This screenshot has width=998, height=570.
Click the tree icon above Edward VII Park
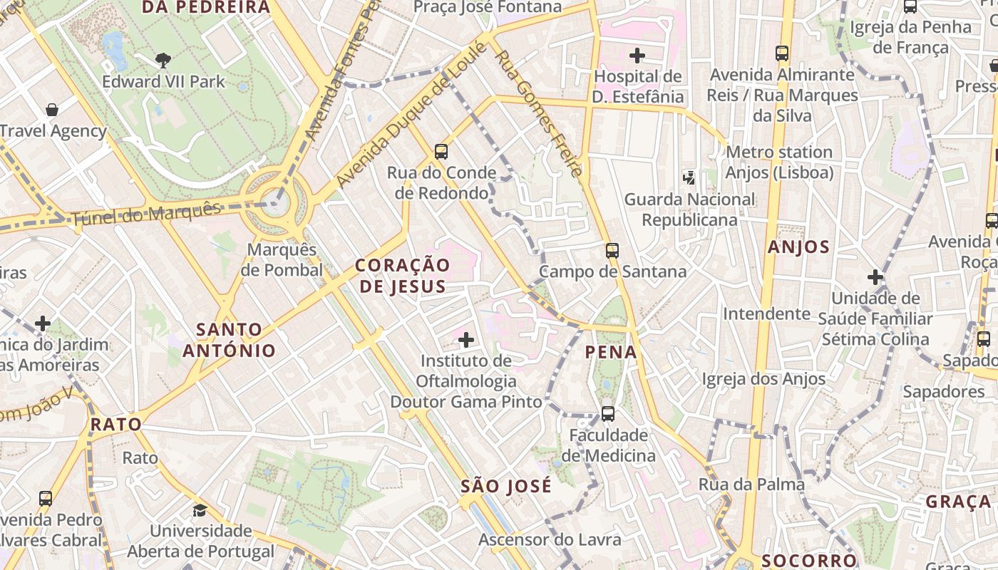[x=163, y=61]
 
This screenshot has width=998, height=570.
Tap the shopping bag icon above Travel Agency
[x=52, y=110]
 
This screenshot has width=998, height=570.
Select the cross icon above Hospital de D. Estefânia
[x=637, y=55]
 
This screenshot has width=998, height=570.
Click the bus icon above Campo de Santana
[x=612, y=250]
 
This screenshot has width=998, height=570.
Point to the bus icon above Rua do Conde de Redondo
[x=441, y=151]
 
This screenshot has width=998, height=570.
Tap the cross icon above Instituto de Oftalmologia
[x=466, y=340]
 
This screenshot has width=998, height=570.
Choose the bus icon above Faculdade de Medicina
[x=608, y=413]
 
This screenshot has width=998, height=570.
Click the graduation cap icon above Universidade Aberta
[x=200, y=510]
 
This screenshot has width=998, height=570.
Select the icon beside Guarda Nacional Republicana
[x=689, y=177]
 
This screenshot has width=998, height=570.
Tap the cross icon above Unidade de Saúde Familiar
[x=875, y=276]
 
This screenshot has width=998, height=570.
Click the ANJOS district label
[x=798, y=247]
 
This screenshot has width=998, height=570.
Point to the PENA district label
[x=611, y=352]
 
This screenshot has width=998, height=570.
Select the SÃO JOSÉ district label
[x=506, y=487]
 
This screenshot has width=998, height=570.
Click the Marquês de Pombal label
[x=282, y=260]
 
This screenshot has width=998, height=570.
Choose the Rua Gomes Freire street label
[x=539, y=113]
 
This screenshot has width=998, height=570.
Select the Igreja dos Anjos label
[x=763, y=379]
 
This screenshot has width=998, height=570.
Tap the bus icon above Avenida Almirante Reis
[x=782, y=53]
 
